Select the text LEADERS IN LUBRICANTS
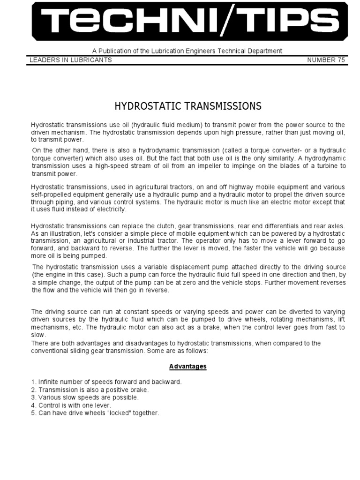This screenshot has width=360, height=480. pos(70,60)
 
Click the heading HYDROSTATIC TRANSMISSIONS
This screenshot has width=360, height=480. pos(188,106)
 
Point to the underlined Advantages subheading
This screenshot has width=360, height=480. pos(188,367)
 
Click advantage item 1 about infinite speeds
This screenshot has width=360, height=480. pos(106,382)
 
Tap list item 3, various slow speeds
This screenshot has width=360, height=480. pos(85,397)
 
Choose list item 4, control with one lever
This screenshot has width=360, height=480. pos(78,405)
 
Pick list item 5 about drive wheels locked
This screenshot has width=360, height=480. pos(95,413)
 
